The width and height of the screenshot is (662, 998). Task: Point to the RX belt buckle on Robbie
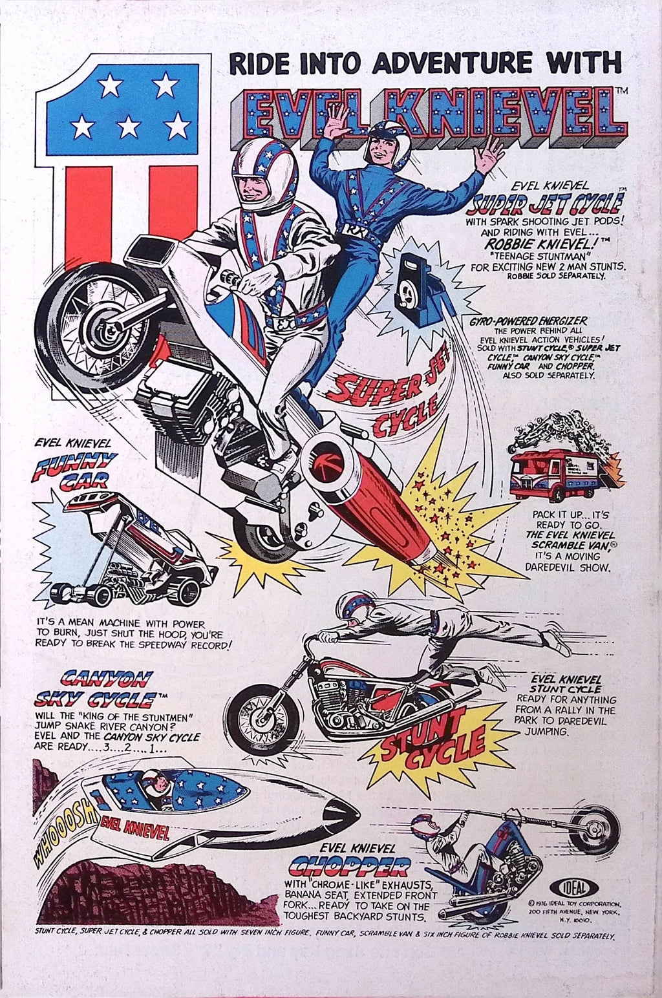(x=346, y=230)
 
